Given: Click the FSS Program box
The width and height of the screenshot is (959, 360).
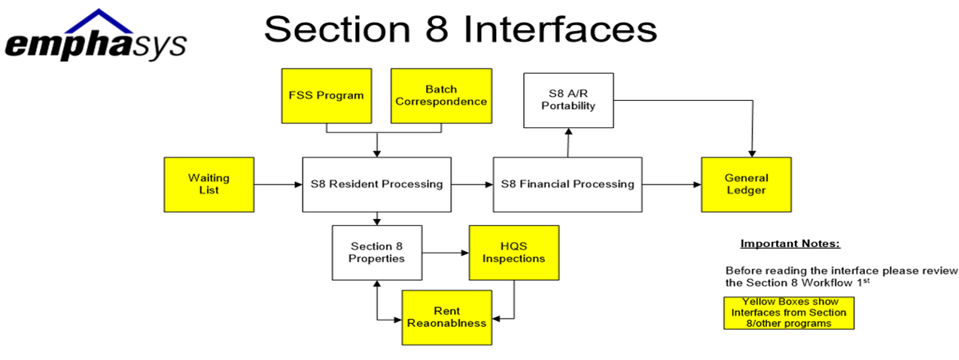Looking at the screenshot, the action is [327, 96].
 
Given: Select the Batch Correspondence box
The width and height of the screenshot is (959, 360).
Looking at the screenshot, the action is [441, 96].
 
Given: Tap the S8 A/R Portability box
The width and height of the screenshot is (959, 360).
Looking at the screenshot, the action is [568, 100].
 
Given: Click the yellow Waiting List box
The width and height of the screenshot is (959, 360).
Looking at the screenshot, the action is [209, 185].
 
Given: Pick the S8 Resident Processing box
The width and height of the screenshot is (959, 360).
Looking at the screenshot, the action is [376, 185].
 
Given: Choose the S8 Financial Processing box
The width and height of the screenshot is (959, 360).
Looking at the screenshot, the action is [568, 185].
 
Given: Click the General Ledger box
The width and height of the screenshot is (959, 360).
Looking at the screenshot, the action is [746, 185].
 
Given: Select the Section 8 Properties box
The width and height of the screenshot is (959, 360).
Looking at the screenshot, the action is [377, 253].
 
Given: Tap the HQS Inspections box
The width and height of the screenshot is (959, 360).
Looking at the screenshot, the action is [514, 253].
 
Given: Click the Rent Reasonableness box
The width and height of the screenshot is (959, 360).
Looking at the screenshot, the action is [447, 318].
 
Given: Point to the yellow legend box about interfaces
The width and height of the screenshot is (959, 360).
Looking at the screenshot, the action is [789, 313].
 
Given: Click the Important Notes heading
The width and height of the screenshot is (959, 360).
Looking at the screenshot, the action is [790, 244].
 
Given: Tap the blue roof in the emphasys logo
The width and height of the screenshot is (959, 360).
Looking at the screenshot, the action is [99, 20].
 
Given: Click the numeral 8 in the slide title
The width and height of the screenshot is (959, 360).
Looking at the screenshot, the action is [437, 29].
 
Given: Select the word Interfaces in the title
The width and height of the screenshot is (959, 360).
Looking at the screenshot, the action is [560, 29].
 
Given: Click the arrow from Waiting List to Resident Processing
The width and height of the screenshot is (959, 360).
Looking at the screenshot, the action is [279, 185].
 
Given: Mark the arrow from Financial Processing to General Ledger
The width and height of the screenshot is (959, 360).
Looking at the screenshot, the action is [671, 185].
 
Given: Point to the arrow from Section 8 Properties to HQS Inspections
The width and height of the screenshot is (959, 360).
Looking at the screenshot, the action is [446, 253].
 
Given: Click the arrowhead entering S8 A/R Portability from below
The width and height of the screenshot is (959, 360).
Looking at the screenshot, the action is [568, 132].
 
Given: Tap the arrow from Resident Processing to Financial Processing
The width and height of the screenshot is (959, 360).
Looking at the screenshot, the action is [472, 185].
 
